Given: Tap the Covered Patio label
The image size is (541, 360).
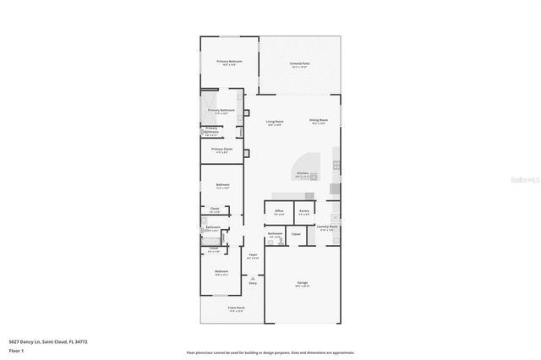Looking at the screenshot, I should coord(299,64).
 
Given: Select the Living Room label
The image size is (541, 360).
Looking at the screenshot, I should coord(275,123).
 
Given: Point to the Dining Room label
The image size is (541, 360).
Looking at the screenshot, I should coord(318,122).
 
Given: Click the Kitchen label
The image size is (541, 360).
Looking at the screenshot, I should coord(302,175).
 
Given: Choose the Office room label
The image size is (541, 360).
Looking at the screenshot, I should coord(279,211).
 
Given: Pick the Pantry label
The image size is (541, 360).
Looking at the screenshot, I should coord(304,211).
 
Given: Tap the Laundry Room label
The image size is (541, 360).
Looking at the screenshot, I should coord(327,227).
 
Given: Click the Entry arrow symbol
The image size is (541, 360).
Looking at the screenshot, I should coord(252,278).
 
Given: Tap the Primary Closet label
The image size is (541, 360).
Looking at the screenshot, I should coord(221,150).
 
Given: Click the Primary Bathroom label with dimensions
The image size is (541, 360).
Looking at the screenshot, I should coord(221,112).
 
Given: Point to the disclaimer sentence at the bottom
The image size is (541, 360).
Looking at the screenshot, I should coord(270,352).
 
